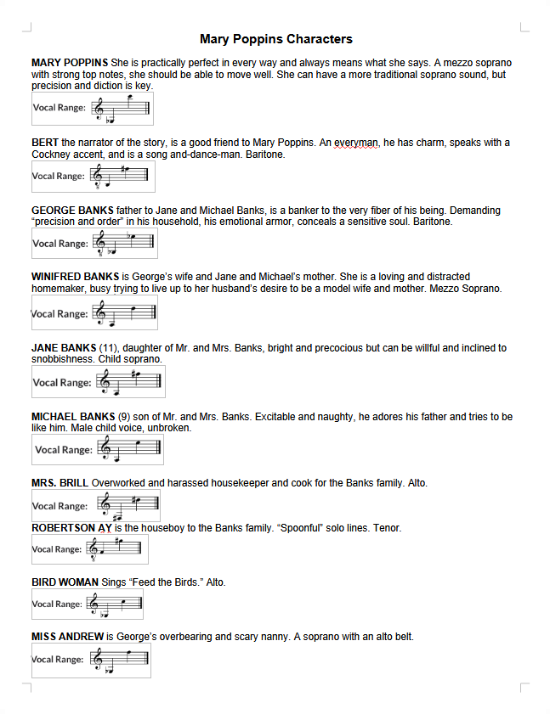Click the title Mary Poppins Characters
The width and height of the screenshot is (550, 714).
[275, 39]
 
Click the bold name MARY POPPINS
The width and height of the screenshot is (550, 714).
[70, 63]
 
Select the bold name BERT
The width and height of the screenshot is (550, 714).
[45, 143]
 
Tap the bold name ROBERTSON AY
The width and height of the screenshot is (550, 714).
[71, 528]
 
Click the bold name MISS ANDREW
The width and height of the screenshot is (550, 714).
[67, 637]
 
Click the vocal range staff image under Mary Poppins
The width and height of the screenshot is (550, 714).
[92, 108]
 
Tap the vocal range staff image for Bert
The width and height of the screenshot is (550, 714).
[94, 176]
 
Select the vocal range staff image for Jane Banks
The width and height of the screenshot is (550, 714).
[98, 382]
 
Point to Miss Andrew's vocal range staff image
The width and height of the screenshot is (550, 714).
[91, 660]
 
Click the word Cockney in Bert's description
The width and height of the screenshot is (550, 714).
[54, 155]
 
